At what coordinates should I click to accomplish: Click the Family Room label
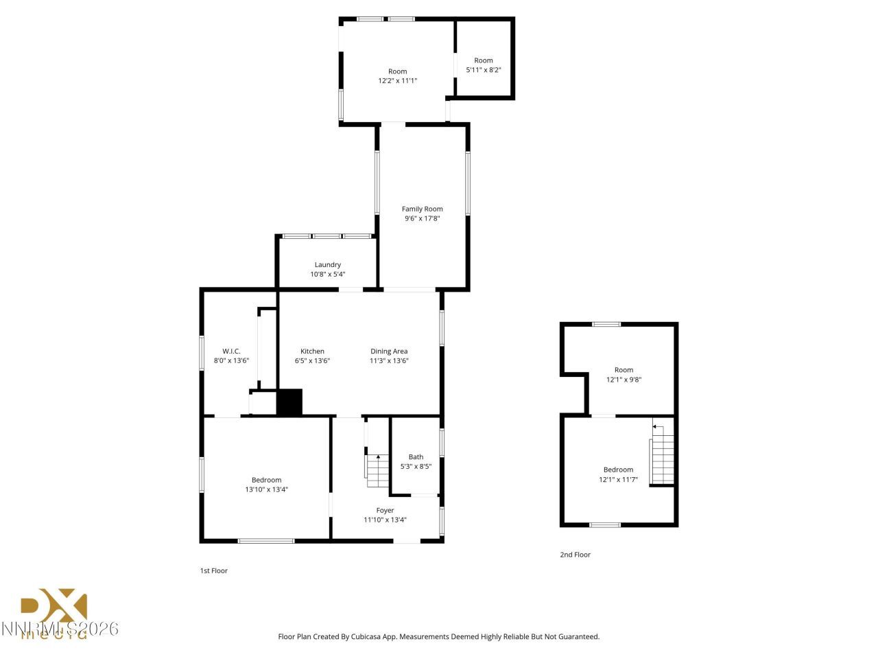[x=422, y=209]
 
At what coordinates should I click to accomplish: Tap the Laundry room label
[x=327, y=264]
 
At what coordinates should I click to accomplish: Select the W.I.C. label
[x=231, y=351]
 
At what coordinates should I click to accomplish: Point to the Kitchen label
[x=312, y=351]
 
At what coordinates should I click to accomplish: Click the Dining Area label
[x=389, y=351]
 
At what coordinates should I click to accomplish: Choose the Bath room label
[x=416, y=456]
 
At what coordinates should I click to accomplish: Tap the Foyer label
[x=385, y=510]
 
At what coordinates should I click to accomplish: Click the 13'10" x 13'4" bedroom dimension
[x=266, y=489]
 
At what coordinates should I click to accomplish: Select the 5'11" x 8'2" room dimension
[x=484, y=70]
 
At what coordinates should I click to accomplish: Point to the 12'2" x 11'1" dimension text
[x=397, y=80]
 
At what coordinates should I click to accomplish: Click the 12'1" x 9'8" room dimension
[x=624, y=379]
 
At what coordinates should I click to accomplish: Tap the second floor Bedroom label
[x=618, y=470]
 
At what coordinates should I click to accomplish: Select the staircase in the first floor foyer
[x=377, y=470]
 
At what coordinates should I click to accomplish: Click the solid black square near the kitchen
[x=289, y=402]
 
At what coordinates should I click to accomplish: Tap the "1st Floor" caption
[x=213, y=570]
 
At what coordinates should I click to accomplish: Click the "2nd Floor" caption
[x=575, y=555]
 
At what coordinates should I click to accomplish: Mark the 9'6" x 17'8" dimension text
[x=422, y=218]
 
